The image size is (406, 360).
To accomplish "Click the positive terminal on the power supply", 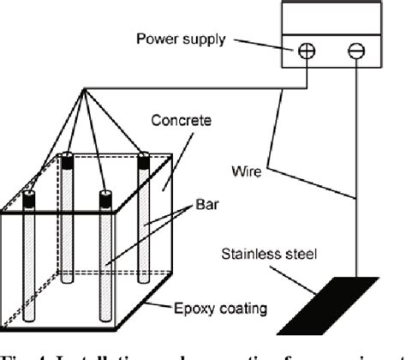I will coord(306,53).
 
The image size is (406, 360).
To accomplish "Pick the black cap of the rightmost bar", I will coord(145,159).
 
